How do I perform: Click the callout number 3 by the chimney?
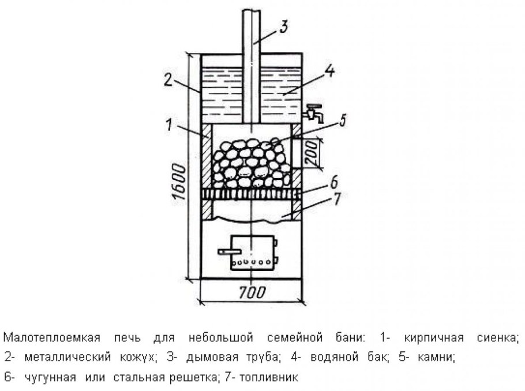(x=284, y=26)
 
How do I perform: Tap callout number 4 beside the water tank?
(x=330, y=70)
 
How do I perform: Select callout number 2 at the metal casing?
(x=168, y=80)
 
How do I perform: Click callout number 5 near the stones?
(x=343, y=121)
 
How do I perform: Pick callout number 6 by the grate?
(x=334, y=183)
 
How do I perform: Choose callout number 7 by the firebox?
(x=337, y=198)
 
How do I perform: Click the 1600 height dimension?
(x=179, y=182)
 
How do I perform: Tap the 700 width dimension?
(x=252, y=292)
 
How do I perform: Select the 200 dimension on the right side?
(x=312, y=153)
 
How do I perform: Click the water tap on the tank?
(x=314, y=113)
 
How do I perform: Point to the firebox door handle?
(x=230, y=251)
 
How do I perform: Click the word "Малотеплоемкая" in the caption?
(x=52, y=337)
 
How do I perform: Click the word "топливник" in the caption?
(x=269, y=378)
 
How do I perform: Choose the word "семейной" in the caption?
(x=295, y=337)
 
